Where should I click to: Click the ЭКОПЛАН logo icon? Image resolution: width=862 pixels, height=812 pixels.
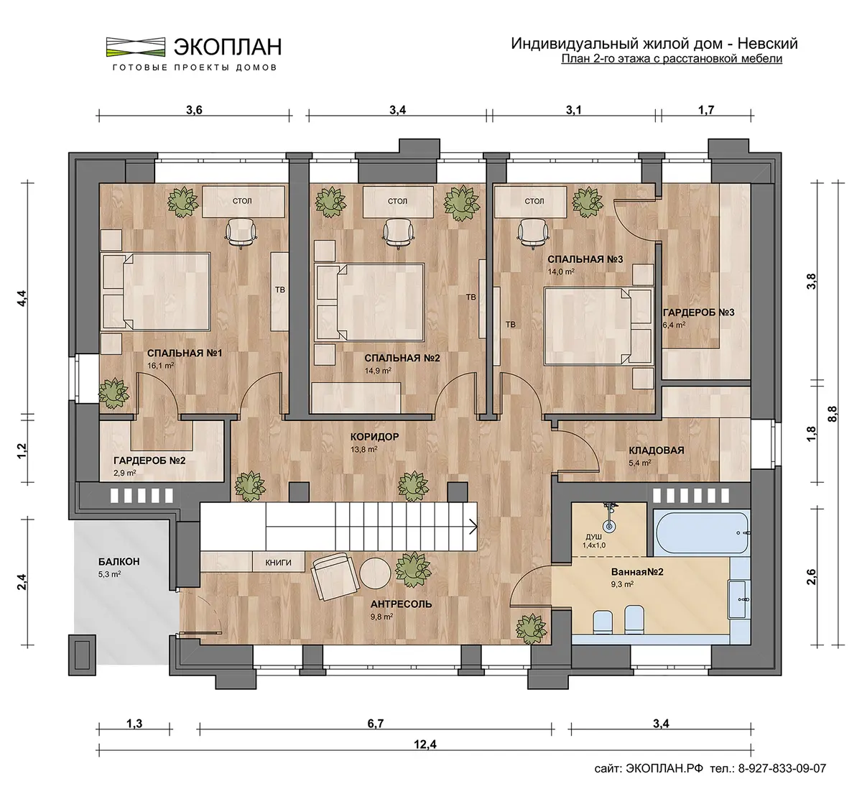point(136,47)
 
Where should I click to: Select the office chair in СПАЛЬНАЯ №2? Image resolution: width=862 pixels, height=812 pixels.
point(398,233)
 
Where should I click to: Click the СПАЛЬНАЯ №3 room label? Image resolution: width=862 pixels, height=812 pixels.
point(585,259)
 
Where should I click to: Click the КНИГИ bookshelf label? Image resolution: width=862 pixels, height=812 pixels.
point(278,563)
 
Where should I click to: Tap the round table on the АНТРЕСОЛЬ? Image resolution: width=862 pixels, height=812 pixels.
point(376,573)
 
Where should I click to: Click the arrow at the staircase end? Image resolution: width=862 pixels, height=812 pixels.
point(473,527)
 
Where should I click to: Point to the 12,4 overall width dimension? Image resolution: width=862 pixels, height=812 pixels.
point(425,744)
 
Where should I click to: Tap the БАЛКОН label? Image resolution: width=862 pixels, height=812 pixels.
point(119,562)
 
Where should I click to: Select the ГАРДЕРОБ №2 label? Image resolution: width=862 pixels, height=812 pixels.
point(149,461)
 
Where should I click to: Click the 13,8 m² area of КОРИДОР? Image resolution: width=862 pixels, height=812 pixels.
point(363,449)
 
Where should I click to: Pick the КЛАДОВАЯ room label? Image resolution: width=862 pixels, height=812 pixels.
point(657,451)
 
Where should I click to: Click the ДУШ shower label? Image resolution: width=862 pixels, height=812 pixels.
point(594,538)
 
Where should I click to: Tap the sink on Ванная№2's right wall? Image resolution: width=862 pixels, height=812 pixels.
point(740,599)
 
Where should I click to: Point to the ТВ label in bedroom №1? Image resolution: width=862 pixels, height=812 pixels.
point(280,290)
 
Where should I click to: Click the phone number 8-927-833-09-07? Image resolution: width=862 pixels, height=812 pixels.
point(782,768)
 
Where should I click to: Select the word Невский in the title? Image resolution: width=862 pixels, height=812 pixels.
point(768,43)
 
